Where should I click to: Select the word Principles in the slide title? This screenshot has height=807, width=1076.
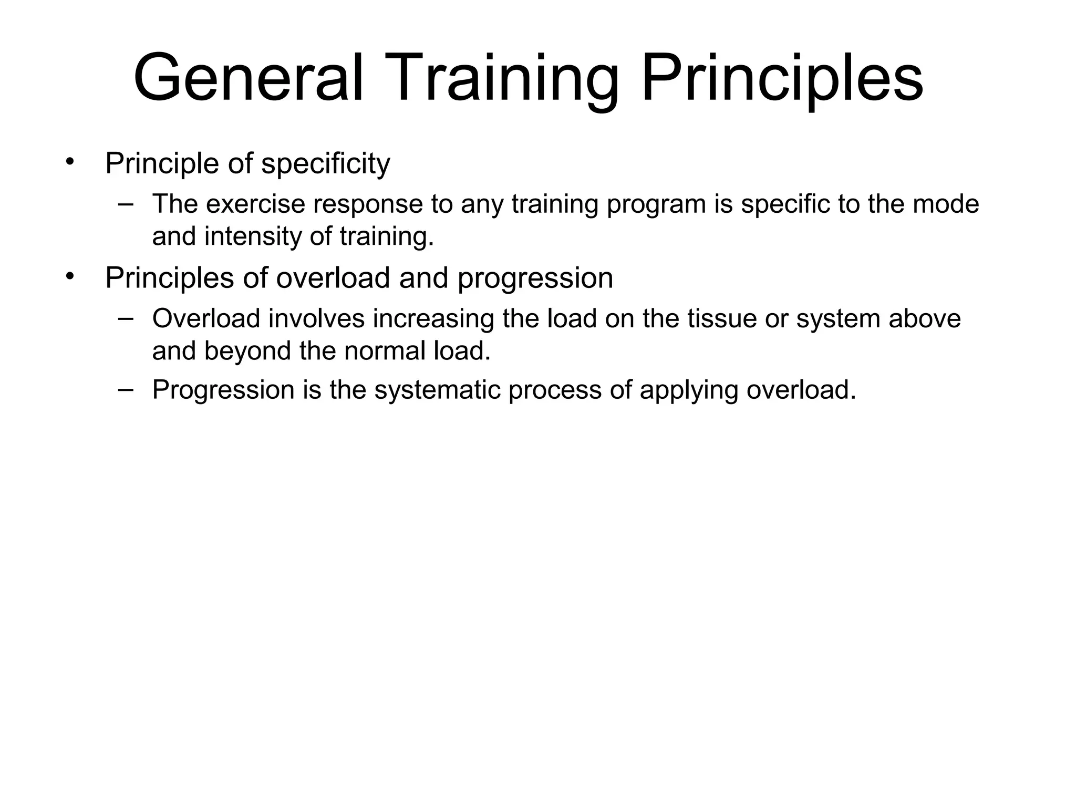coord(782,78)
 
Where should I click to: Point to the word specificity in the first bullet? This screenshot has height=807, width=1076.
coord(326,164)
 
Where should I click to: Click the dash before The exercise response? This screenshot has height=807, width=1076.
coord(126,203)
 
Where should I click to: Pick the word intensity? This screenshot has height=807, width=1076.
coord(252,236)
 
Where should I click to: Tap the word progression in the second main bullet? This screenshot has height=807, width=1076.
coord(535,278)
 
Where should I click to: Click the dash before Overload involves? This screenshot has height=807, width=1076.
coord(126,318)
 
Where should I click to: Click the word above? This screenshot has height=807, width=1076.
coord(924,318)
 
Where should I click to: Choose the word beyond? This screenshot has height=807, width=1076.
coord(247,351)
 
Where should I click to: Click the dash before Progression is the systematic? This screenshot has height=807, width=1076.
coord(126,389)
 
